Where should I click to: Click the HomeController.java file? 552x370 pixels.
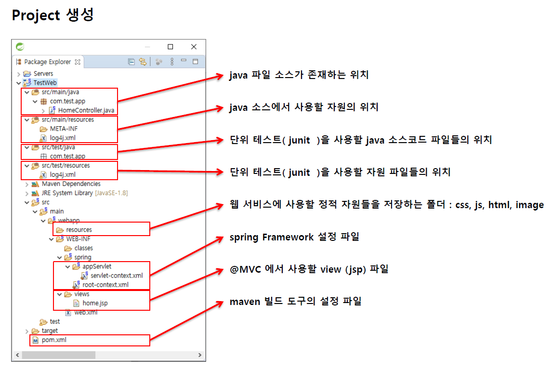point(86,110)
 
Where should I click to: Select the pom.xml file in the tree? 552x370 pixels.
point(54,340)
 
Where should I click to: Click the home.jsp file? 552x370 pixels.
point(95,303)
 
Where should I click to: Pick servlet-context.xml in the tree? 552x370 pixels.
point(117,276)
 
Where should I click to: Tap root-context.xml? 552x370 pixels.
point(105,285)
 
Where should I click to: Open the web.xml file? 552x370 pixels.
point(86,312)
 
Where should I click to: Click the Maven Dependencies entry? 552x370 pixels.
point(71,184)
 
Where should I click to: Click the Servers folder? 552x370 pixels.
point(43,74)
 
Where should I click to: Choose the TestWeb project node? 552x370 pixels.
point(45,83)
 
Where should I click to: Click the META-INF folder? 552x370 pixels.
point(64,129)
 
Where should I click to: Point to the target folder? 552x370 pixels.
point(49,330)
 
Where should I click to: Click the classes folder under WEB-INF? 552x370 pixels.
point(83,248)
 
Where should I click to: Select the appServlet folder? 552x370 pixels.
point(97,266)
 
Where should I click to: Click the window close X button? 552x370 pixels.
point(194,47)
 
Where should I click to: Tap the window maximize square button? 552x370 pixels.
point(170,47)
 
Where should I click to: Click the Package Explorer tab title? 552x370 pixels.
point(47,62)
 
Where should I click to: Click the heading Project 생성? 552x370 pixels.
point(53,15)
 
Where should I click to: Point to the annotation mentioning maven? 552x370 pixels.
point(295,302)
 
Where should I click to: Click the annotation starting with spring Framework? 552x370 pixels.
point(294,237)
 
